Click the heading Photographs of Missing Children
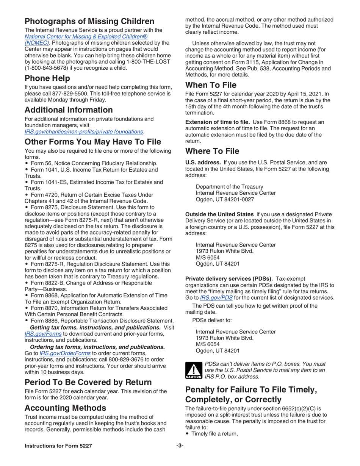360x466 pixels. pyautogui.click(x=89, y=21)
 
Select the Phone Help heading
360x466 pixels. pyautogui.click(x=47, y=78)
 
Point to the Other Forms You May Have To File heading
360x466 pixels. pyautogui.click(x=93, y=142)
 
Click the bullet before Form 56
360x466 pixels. pyautogui.click(x=27, y=163)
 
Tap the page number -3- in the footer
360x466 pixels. pyautogui.click(x=180, y=446)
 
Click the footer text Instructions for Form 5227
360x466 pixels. pyautogui.click(x=58, y=446)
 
